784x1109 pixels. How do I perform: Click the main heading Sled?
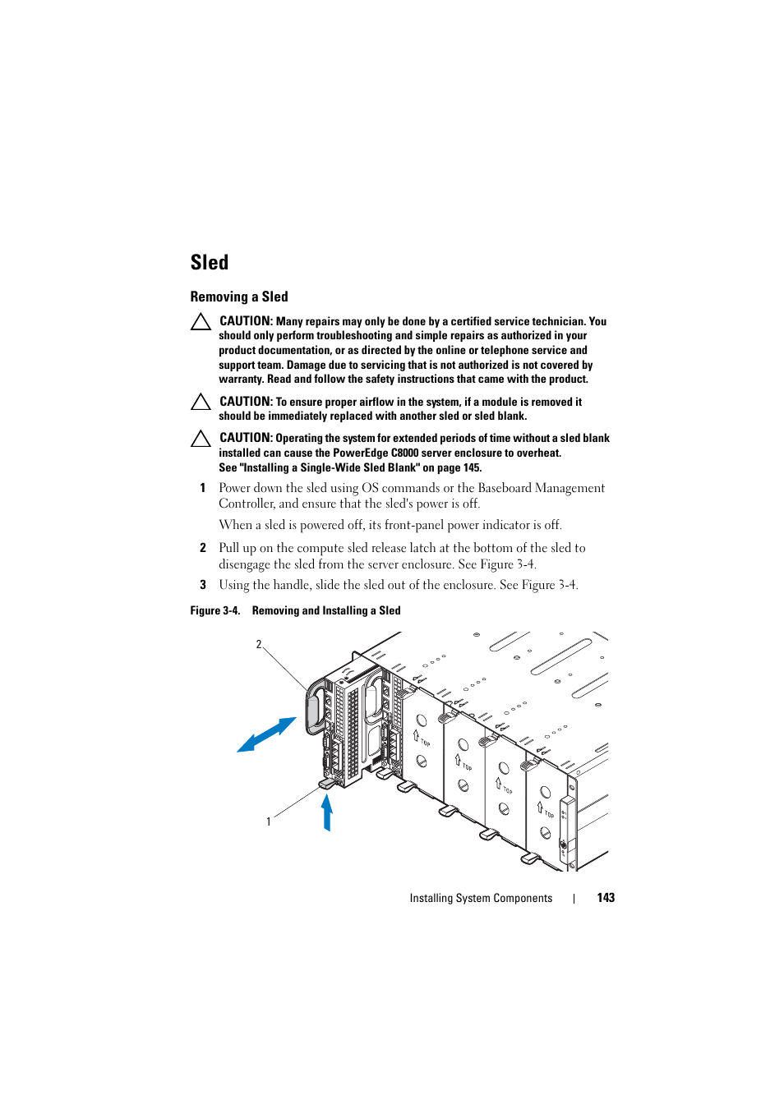click(x=210, y=263)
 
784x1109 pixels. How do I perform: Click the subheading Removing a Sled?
click(x=239, y=297)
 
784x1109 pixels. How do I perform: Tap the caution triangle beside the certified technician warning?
click(x=201, y=322)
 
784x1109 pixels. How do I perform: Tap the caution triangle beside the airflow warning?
click(x=201, y=402)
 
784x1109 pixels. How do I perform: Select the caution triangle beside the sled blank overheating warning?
click(x=201, y=439)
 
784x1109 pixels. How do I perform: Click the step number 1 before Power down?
click(x=203, y=488)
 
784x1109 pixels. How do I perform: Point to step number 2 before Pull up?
click(x=203, y=548)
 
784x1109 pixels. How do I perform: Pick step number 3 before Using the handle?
click(x=203, y=585)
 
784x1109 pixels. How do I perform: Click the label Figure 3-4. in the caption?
click(x=214, y=611)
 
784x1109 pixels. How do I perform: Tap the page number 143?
click(x=606, y=898)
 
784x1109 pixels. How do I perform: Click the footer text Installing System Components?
click(x=481, y=899)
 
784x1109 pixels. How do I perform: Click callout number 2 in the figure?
click(x=259, y=645)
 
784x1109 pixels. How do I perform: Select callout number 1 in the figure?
click(x=269, y=821)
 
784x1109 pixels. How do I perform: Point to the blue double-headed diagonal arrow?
click(x=266, y=734)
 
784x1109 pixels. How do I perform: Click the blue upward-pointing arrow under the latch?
click(x=327, y=812)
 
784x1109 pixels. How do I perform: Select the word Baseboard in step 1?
click(x=505, y=488)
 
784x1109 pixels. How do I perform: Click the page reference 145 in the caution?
click(x=471, y=468)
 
